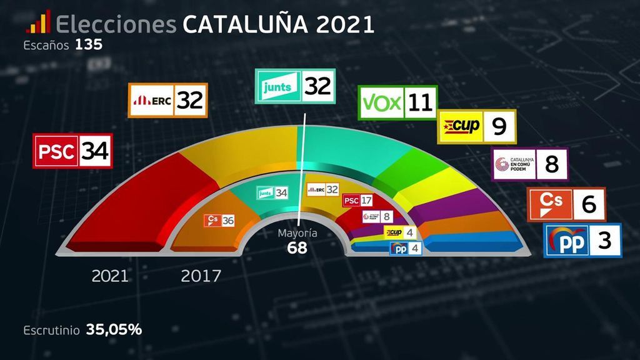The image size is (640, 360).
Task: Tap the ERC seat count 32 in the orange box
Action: click(x=190, y=100)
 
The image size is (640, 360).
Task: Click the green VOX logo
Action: click(x=381, y=103)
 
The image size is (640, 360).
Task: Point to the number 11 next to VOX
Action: click(x=420, y=103)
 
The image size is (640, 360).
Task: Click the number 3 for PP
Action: click(x=604, y=240)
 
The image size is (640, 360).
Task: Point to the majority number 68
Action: click(x=297, y=248)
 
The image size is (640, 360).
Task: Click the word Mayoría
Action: click(x=297, y=234)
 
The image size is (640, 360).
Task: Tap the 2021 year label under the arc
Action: click(x=110, y=276)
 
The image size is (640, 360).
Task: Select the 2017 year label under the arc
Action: click(x=201, y=276)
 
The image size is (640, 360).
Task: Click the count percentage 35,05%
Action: click(x=114, y=329)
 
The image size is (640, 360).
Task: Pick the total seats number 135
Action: click(x=89, y=45)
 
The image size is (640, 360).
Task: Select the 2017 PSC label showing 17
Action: click(x=358, y=201)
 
